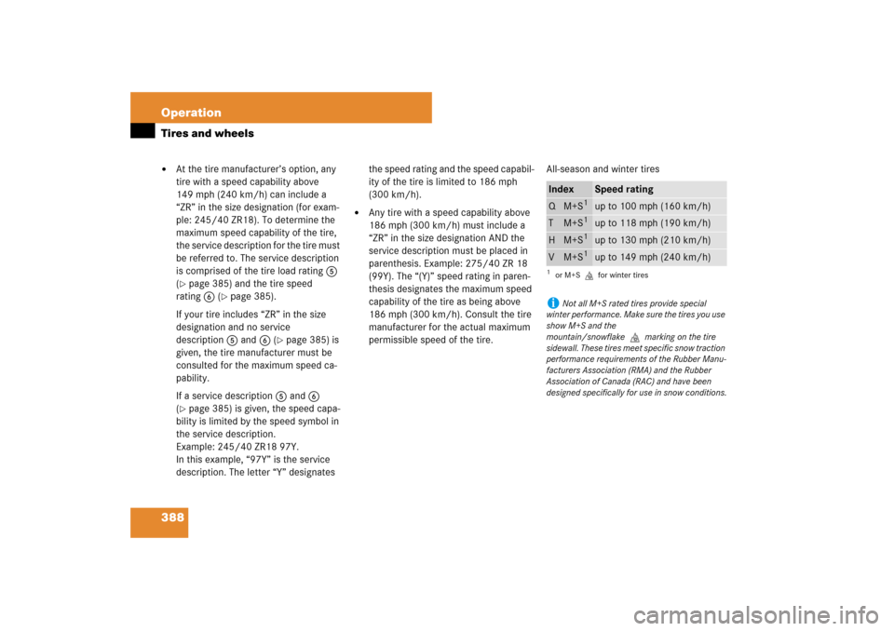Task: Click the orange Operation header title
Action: (x=191, y=113)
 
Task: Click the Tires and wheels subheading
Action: (x=207, y=133)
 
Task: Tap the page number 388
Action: (x=172, y=517)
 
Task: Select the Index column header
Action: (x=561, y=189)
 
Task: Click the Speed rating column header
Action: (x=624, y=189)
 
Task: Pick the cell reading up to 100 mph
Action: (x=653, y=207)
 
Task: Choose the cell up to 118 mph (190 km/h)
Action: (x=653, y=223)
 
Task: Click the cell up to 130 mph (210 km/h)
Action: (x=653, y=240)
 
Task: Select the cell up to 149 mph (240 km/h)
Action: (x=653, y=258)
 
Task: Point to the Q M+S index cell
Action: (x=568, y=206)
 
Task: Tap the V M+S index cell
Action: (x=568, y=257)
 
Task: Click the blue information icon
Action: (x=553, y=302)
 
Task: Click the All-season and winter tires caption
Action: (x=603, y=169)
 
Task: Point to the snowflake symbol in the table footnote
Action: (x=589, y=275)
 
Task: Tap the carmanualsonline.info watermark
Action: (x=756, y=615)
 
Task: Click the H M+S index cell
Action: (x=568, y=240)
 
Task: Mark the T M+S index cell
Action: (x=568, y=222)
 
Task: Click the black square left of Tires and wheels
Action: (x=142, y=131)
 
